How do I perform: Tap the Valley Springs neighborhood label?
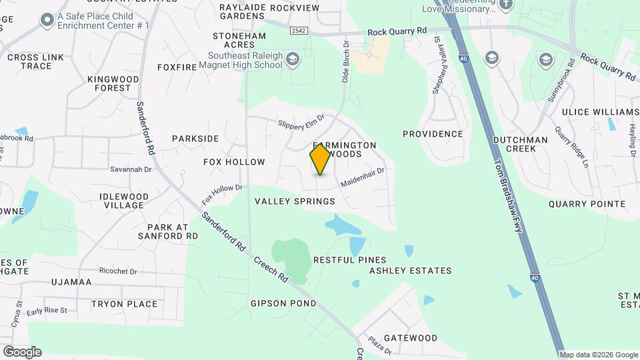click(x=295, y=201)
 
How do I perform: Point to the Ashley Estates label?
click(x=410, y=271)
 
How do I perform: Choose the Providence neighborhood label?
click(x=432, y=134)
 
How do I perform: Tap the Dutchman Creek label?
click(x=520, y=144)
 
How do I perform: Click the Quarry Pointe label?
click(x=587, y=204)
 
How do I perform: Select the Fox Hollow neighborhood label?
click(x=234, y=162)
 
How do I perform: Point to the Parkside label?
click(x=195, y=139)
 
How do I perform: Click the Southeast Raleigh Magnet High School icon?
click(x=292, y=61)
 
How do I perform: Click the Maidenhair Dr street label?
click(x=363, y=177)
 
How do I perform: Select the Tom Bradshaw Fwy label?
click(x=507, y=195)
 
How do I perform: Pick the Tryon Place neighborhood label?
click(x=124, y=304)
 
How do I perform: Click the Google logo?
click(x=22, y=351)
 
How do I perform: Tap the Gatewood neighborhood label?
click(x=410, y=338)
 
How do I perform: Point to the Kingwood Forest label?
click(x=113, y=83)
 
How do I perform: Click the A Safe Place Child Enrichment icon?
click(x=47, y=21)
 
